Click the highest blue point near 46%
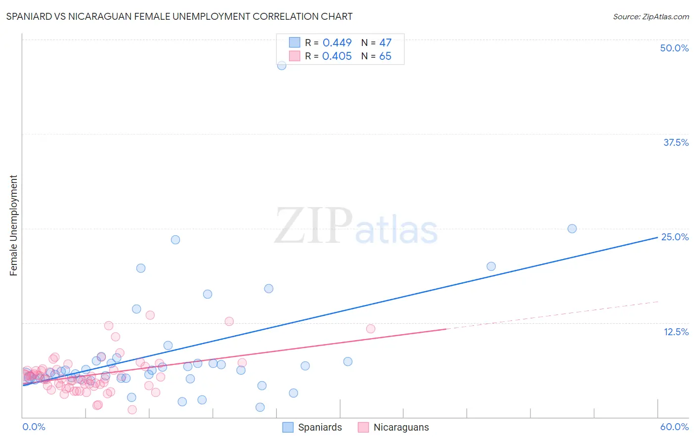pos(282,65)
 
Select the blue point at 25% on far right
pos(572,228)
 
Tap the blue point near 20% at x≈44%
pos(491,266)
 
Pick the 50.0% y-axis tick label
pos(674,48)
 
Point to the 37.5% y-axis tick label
pos(676,142)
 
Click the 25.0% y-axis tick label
pos(675,237)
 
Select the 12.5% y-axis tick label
pos(676,332)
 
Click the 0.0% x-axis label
pos(34,427)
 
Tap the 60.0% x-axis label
pos(674,427)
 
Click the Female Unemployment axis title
pos(13,225)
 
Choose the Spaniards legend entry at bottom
pos(312,427)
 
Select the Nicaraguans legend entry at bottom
pos(393,427)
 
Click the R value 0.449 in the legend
pos(337,43)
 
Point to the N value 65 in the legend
pos(385,56)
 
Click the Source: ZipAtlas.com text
pos(651,16)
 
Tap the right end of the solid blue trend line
pos(657,237)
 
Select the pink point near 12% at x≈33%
pos(371,329)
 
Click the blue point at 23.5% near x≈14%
pos(175,240)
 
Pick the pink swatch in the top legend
pos(295,56)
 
